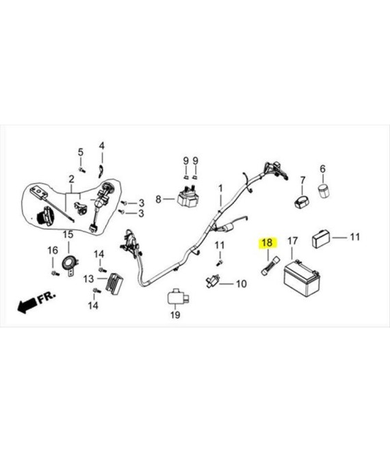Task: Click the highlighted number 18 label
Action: tap(267, 242)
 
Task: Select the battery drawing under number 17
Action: tap(302, 278)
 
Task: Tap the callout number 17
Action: tap(292, 240)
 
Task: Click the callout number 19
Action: tap(175, 315)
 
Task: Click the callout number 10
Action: tap(242, 284)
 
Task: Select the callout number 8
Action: tap(159, 199)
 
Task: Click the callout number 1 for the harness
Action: tap(220, 189)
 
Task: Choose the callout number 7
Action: tap(302, 181)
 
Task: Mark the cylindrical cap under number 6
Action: tap(324, 190)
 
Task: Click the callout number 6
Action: tap(322, 169)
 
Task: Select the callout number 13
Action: tap(89, 279)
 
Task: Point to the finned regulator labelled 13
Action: tap(115, 282)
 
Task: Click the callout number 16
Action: tap(53, 250)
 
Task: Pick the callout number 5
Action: tap(81, 152)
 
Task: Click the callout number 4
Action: tap(102, 146)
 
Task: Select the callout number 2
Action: tap(71, 179)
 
